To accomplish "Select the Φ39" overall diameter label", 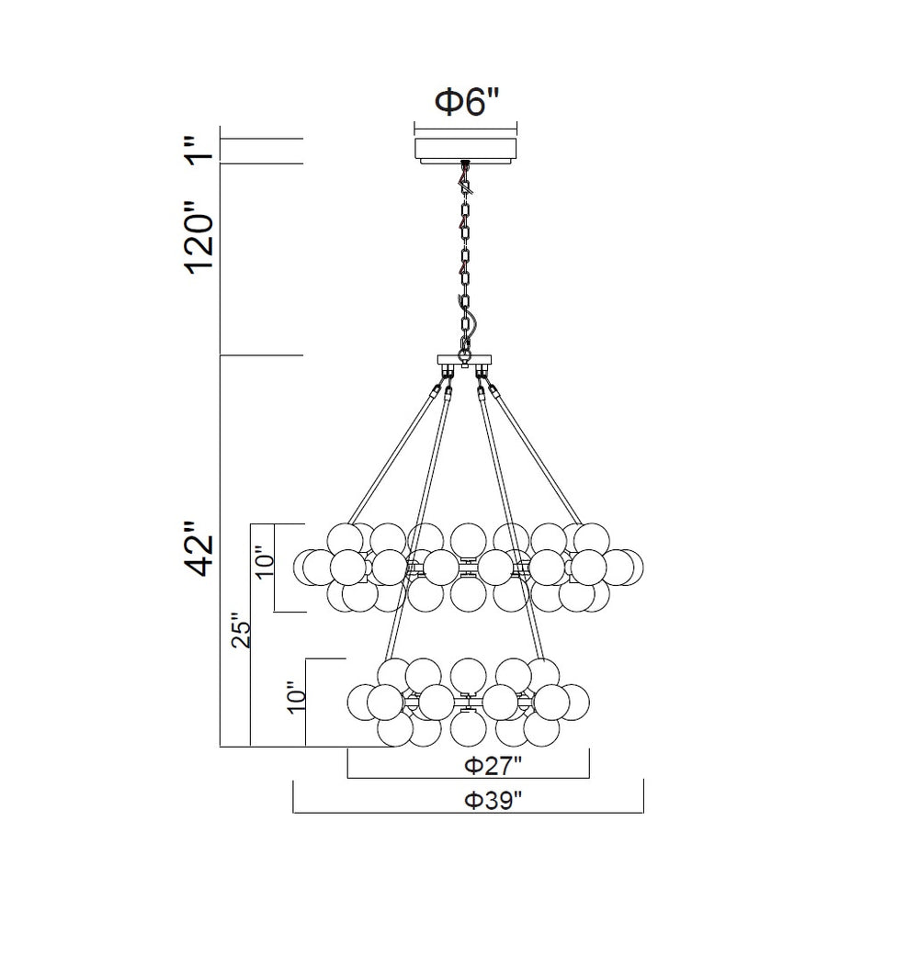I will click(494, 800).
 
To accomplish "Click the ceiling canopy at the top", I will click(466, 150).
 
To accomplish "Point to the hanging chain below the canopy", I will click(466, 248).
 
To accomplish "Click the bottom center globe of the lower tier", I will click(468, 729).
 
